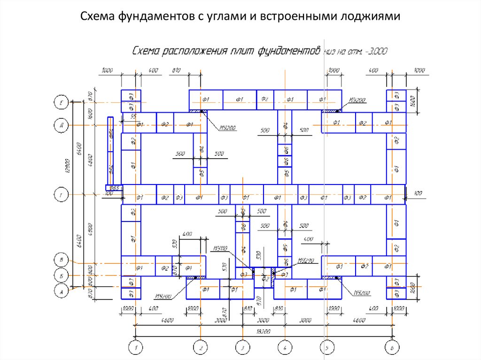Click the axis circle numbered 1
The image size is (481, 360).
[136, 348]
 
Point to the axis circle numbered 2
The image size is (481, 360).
[201, 348]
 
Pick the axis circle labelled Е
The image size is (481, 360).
[61, 102]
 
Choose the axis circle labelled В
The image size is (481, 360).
[61, 260]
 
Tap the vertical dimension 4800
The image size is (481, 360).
[90, 160]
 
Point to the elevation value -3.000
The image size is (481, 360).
[375, 52]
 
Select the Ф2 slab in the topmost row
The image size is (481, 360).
[265, 99]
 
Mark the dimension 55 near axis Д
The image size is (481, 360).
[133, 116]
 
